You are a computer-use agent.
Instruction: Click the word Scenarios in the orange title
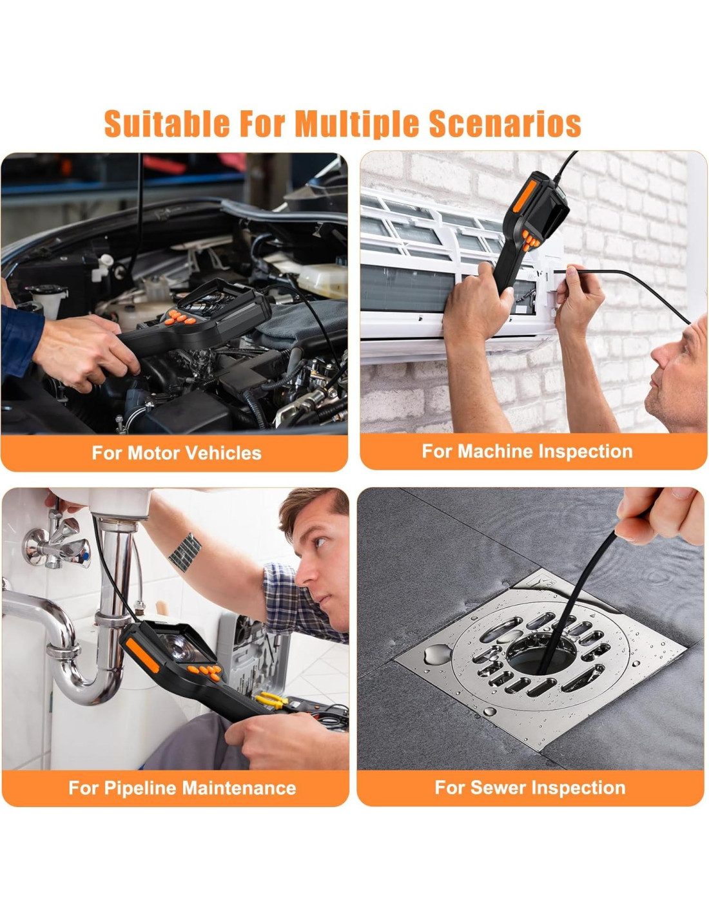[x=505, y=123]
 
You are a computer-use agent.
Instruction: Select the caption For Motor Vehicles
[x=177, y=453]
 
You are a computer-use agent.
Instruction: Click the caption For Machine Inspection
[x=527, y=452]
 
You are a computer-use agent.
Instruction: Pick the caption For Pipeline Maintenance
[x=182, y=788]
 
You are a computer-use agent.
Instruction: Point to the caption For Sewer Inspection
[x=530, y=787]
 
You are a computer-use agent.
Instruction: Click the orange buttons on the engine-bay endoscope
[x=180, y=317]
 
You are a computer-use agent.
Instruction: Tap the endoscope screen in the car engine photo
[x=211, y=301]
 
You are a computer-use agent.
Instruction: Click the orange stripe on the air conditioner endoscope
[x=524, y=196]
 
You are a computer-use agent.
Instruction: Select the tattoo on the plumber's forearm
[x=185, y=552]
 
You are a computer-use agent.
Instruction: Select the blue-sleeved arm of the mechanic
[x=21, y=341]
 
